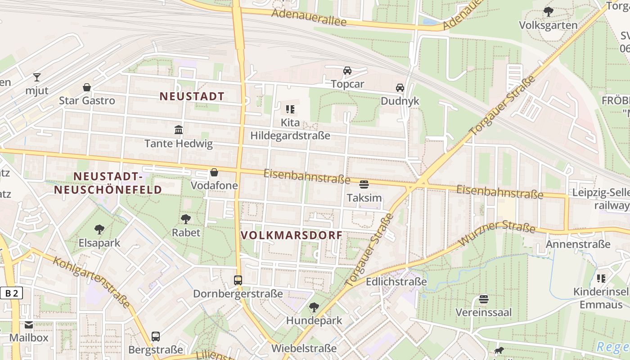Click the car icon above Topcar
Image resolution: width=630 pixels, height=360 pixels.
(347, 71)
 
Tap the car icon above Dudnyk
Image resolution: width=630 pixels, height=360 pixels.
(400, 88)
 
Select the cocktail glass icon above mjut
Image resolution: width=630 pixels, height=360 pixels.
(36, 77)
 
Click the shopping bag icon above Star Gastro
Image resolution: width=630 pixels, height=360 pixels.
(87, 87)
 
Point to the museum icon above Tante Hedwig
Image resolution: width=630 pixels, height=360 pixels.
(179, 130)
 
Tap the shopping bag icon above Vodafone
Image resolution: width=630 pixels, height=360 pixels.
(214, 172)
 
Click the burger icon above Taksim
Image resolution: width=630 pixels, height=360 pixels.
(364, 184)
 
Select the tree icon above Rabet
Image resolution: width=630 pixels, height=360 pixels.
(186, 219)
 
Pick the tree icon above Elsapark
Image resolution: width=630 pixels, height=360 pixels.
(99, 229)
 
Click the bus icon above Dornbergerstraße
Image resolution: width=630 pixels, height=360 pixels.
(238, 280)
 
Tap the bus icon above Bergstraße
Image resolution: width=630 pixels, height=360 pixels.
(156, 336)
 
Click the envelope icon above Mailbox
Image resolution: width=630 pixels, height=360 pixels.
(29, 325)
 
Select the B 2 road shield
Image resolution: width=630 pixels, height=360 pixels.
(11, 293)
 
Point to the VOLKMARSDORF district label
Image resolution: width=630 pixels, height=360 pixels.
(292, 235)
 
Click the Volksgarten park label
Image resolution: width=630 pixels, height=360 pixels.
(548, 25)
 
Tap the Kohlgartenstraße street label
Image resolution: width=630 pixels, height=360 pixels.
(91, 282)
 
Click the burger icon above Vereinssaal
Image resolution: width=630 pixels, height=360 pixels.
(484, 299)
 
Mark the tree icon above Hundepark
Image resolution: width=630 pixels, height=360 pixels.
(314, 307)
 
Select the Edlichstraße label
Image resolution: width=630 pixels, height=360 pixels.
(396, 282)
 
